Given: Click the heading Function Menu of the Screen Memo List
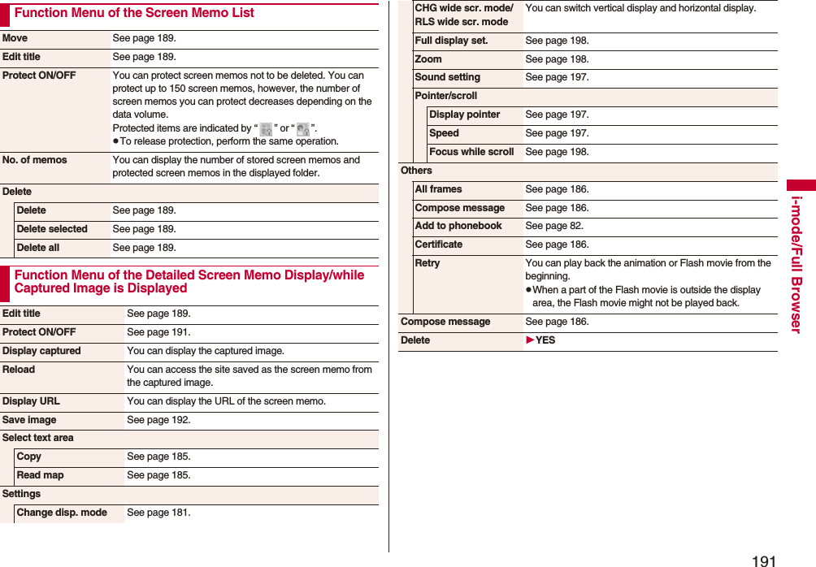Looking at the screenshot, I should click(134, 13).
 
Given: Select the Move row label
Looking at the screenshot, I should click(15, 38).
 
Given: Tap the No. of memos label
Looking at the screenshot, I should click(34, 160).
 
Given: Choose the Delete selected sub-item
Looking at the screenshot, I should click(52, 229).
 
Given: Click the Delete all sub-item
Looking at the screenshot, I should click(38, 248).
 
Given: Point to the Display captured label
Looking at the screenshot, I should click(41, 351).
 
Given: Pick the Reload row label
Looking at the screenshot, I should click(19, 370).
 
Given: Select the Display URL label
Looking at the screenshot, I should click(31, 401).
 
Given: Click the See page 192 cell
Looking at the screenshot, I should click(158, 420).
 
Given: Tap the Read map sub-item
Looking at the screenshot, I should click(40, 475).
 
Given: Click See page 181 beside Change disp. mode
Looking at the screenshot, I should click(158, 513).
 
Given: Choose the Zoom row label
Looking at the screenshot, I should click(428, 59).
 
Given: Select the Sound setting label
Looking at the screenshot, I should click(447, 77).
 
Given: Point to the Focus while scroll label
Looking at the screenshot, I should click(471, 152).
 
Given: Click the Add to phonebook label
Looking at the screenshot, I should click(458, 226).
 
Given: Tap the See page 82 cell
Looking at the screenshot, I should click(554, 226).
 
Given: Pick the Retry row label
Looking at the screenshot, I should click(428, 263).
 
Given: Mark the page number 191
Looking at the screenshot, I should click(764, 561).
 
